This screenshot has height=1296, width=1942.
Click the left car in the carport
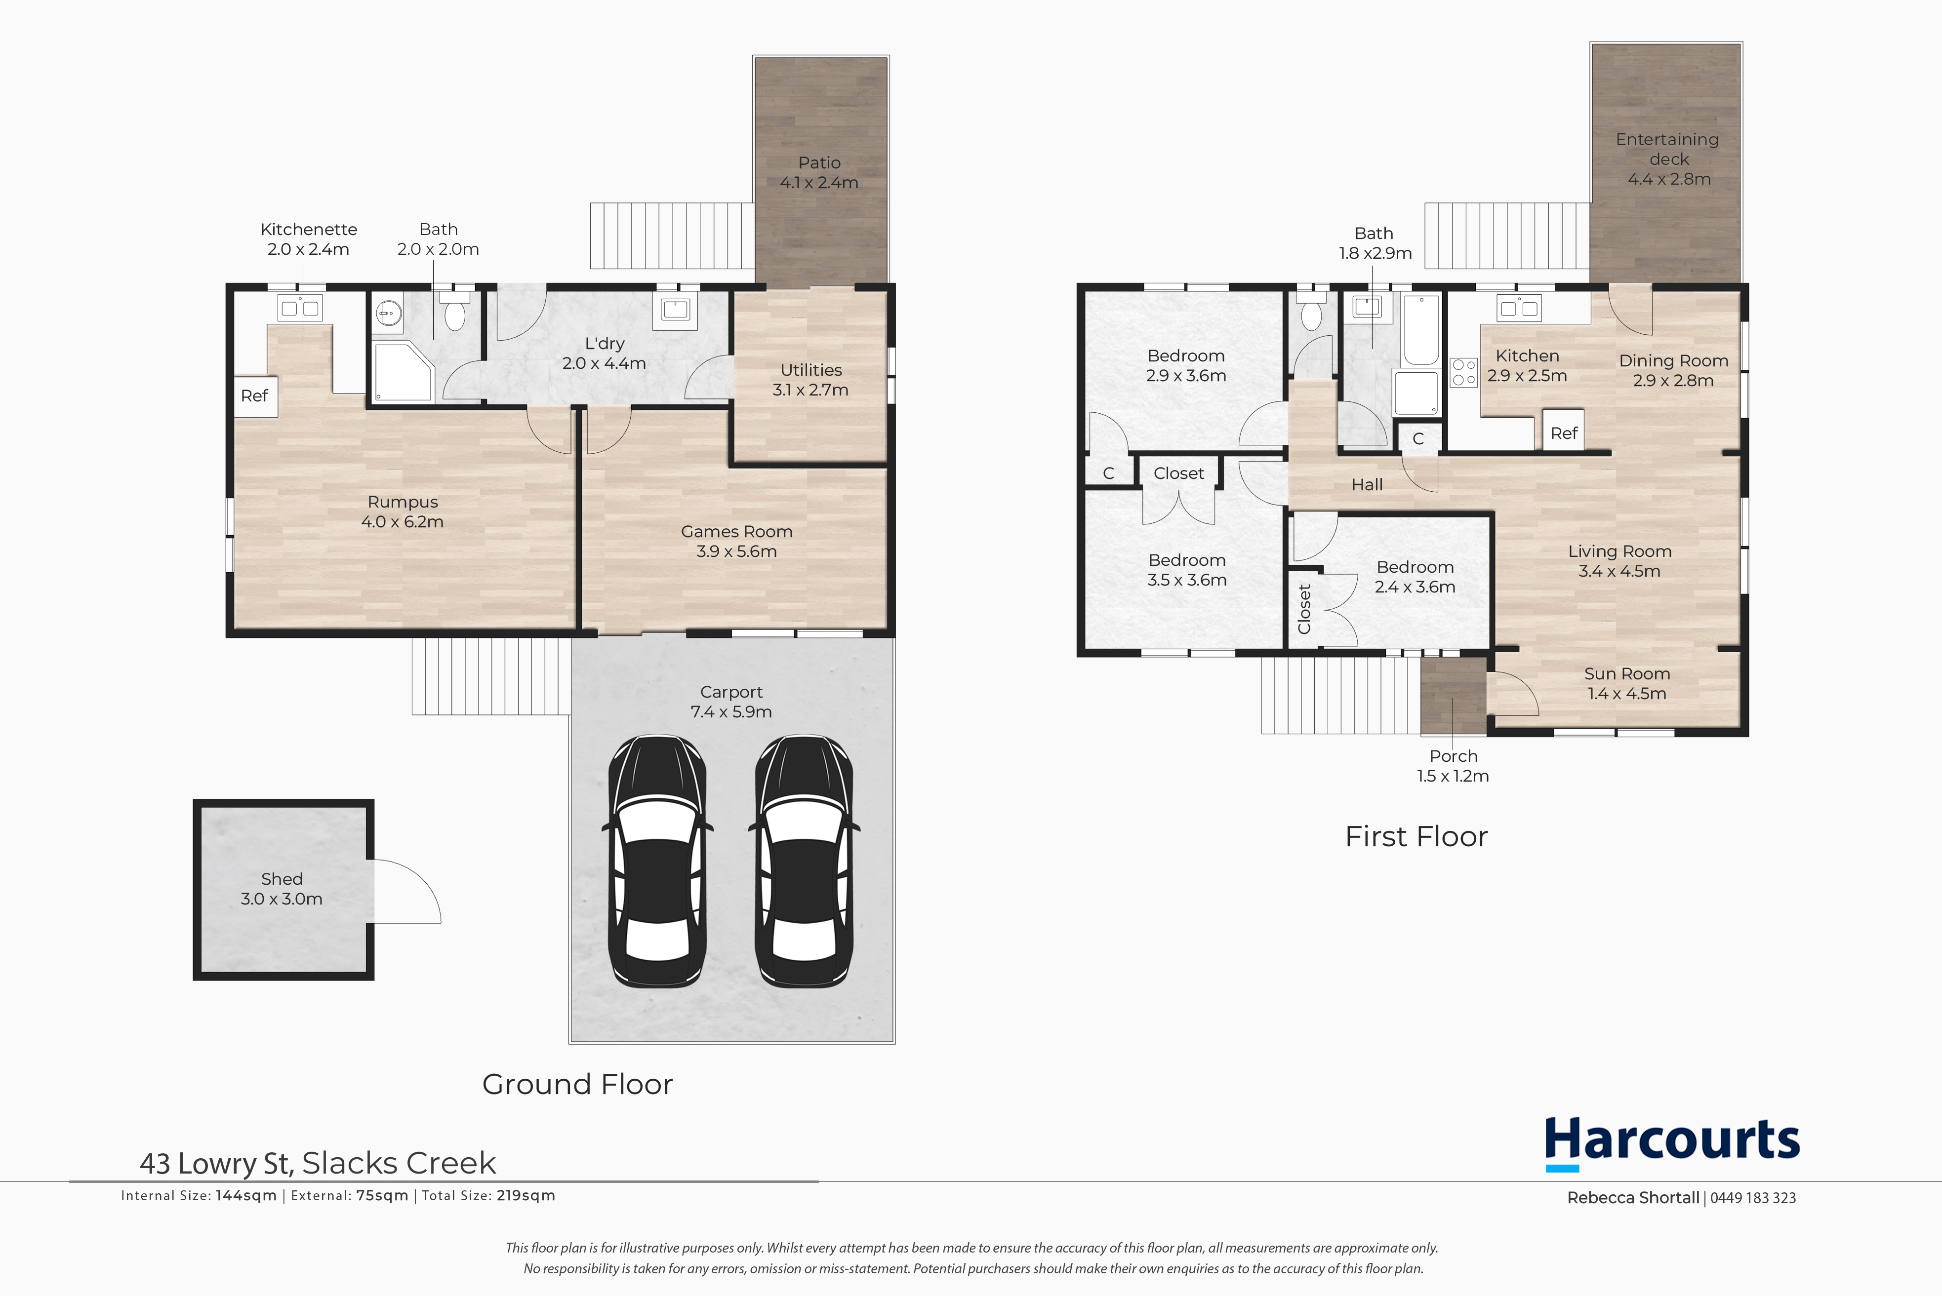658,861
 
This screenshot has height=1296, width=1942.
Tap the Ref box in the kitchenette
255,396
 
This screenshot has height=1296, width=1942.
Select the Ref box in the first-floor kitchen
1563,433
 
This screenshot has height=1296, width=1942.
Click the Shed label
282,879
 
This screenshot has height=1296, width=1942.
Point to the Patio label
819,163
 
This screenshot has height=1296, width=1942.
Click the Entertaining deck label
1667,149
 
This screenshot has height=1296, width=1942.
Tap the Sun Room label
1627,673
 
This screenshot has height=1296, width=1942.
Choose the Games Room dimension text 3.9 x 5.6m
736,551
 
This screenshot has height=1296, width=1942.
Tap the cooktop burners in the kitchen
1464,372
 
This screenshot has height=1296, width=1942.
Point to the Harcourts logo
1672,1143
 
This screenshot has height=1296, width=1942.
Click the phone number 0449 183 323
1753,1198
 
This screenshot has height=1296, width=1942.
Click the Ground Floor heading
577,1084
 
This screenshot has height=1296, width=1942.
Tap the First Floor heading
1416,836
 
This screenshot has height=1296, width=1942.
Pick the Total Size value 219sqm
526,1195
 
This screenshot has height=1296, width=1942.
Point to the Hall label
1367,485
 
